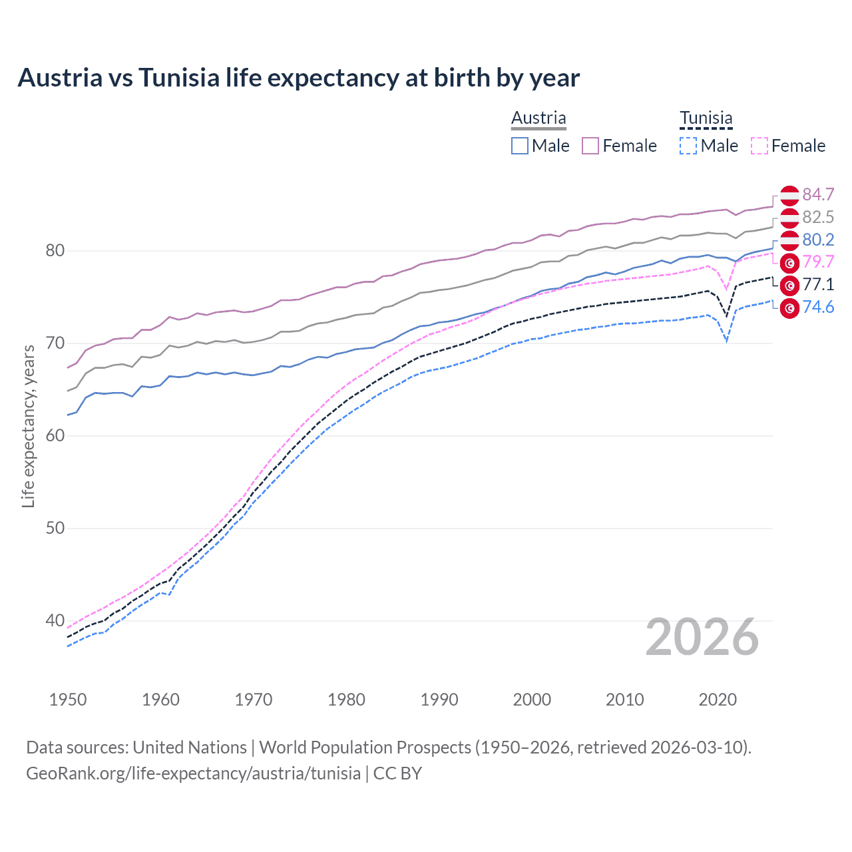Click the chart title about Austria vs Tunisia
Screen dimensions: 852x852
pyautogui.click(x=298, y=78)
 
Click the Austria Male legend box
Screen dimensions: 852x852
pyautogui.click(x=520, y=146)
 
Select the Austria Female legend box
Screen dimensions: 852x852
pyautogui.click(x=590, y=146)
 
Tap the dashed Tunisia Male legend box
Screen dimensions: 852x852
pyautogui.click(x=688, y=146)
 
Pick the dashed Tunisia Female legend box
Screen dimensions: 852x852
pyautogui.click(x=759, y=146)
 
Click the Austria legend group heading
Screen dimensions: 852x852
pyautogui.click(x=538, y=118)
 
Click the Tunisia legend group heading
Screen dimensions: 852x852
pyautogui.click(x=706, y=118)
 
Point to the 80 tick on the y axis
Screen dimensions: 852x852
pyautogui.click(x=55, y=251)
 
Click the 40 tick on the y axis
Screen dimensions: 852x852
pyautogui.click(x=55, y=620)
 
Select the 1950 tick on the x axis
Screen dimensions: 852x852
pyautogui.click(x=68, y=700)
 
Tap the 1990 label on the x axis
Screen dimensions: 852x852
pyautogui.click(x=439, y=700)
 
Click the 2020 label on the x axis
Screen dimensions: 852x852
pyautogui.click(x=718, y=700)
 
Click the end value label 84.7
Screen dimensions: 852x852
pyautogui.click(x=818, y=194)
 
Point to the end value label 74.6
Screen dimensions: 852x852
pyautogui.click(x=818, y=307)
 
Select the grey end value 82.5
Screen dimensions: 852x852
pyautogui.click(x=818, y=217)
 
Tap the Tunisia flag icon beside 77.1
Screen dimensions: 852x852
pyautogui.click(x=789, y=286)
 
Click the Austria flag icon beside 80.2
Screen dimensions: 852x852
pyautogui.click(x=789, y=240)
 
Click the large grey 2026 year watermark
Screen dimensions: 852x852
pyautogui.click(x=702, y=638)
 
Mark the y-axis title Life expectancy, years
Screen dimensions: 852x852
pyautogui.click(x=29, y=426)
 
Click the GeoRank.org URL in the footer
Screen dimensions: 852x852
pyautogui.click(x=193, y=773)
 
